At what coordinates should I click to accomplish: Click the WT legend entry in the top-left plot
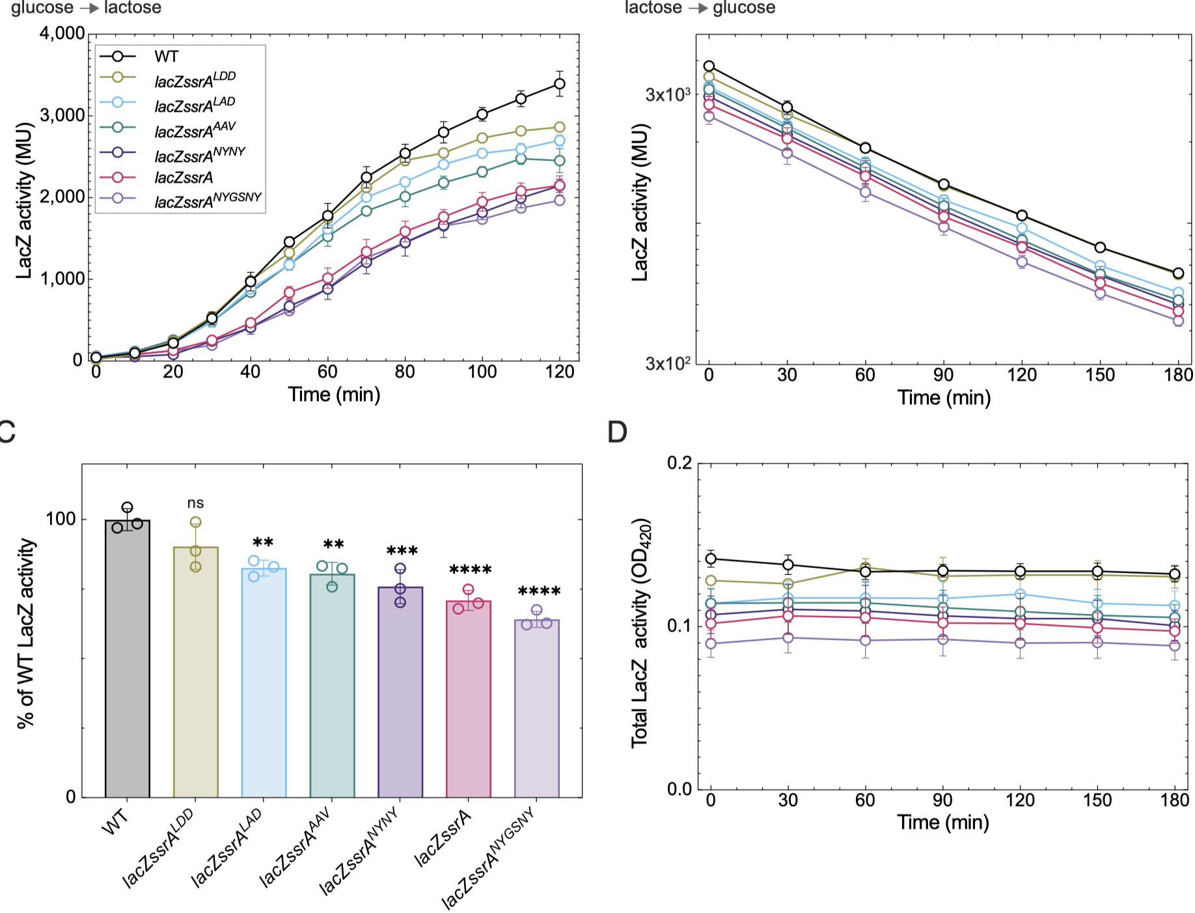point(166,57)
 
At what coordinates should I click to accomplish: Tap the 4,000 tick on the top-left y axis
point(62,33)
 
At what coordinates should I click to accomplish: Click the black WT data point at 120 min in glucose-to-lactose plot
point(559,83)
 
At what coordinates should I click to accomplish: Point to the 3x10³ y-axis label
point(667,95)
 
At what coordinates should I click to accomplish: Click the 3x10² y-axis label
point(667,363)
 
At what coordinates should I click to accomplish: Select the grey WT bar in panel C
point(128,658)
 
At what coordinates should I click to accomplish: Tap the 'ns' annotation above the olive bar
point(195,503)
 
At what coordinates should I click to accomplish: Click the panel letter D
point(616,432)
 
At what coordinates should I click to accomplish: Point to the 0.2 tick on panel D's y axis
point(680,464)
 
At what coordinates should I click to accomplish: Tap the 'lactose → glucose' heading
point(700,8)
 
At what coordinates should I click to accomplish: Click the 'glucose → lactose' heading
point(86,8)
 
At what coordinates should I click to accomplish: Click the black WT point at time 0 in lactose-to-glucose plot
point(709,66)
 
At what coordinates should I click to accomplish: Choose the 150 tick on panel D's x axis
point(1097,800)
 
